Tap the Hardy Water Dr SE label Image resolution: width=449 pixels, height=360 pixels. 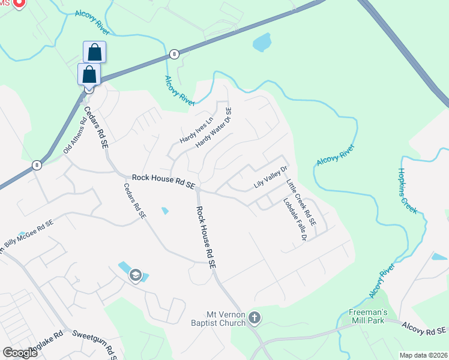coord(214,128)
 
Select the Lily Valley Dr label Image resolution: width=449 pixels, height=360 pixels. coord(271,178)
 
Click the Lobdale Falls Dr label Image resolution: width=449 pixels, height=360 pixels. coord(295,220)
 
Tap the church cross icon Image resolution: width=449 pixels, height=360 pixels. coord(255,317)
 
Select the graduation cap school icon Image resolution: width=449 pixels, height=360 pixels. coord(136,275)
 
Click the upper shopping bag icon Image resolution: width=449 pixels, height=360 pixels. coord(94,52)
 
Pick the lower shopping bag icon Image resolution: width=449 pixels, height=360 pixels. coord(89,74)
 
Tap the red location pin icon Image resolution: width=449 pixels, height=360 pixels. coord(18,3)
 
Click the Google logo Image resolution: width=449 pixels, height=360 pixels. coord(19,353)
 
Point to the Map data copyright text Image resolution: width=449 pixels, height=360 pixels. coord(423,355)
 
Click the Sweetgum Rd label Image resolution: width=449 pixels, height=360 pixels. coord(95,342)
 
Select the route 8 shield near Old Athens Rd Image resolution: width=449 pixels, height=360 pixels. coord(37,164)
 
